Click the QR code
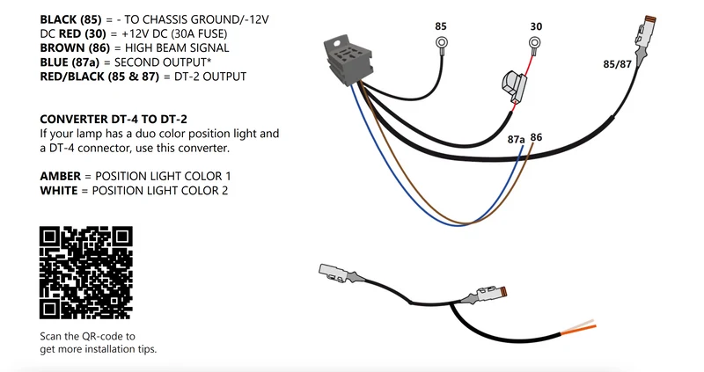[x=85, y=273]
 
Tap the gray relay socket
[x=347, y=59]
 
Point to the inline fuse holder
[x=514, y=86]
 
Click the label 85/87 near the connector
[x=617, y=64]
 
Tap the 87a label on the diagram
[x=516, y=140]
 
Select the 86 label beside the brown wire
[x=536, y=137]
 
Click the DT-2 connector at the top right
[x=645, y=36]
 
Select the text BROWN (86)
[x=75, y=48]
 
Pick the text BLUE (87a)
[x=70, y=62]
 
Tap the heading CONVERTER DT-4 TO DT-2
[x=114, y=120]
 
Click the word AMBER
[x=61, y=177]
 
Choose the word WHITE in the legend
[x=59, y=191]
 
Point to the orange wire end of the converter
[x=578, y=330]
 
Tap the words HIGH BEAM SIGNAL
[x=177, y=48]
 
